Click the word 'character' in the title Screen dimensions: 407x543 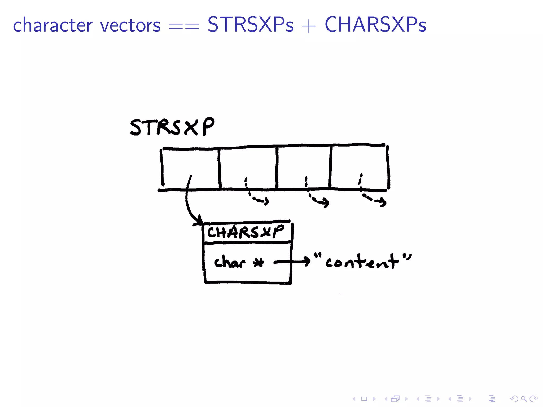click(52, 25)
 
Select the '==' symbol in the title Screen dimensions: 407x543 click(184, 26)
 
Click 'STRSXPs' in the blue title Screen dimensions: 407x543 click(250, 25)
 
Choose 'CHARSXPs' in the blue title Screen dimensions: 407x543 click(375, 25)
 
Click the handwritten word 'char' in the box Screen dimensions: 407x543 click(230, 262)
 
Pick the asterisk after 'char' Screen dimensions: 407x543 click(258, 263)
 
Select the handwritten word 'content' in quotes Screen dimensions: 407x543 click(362, 262)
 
